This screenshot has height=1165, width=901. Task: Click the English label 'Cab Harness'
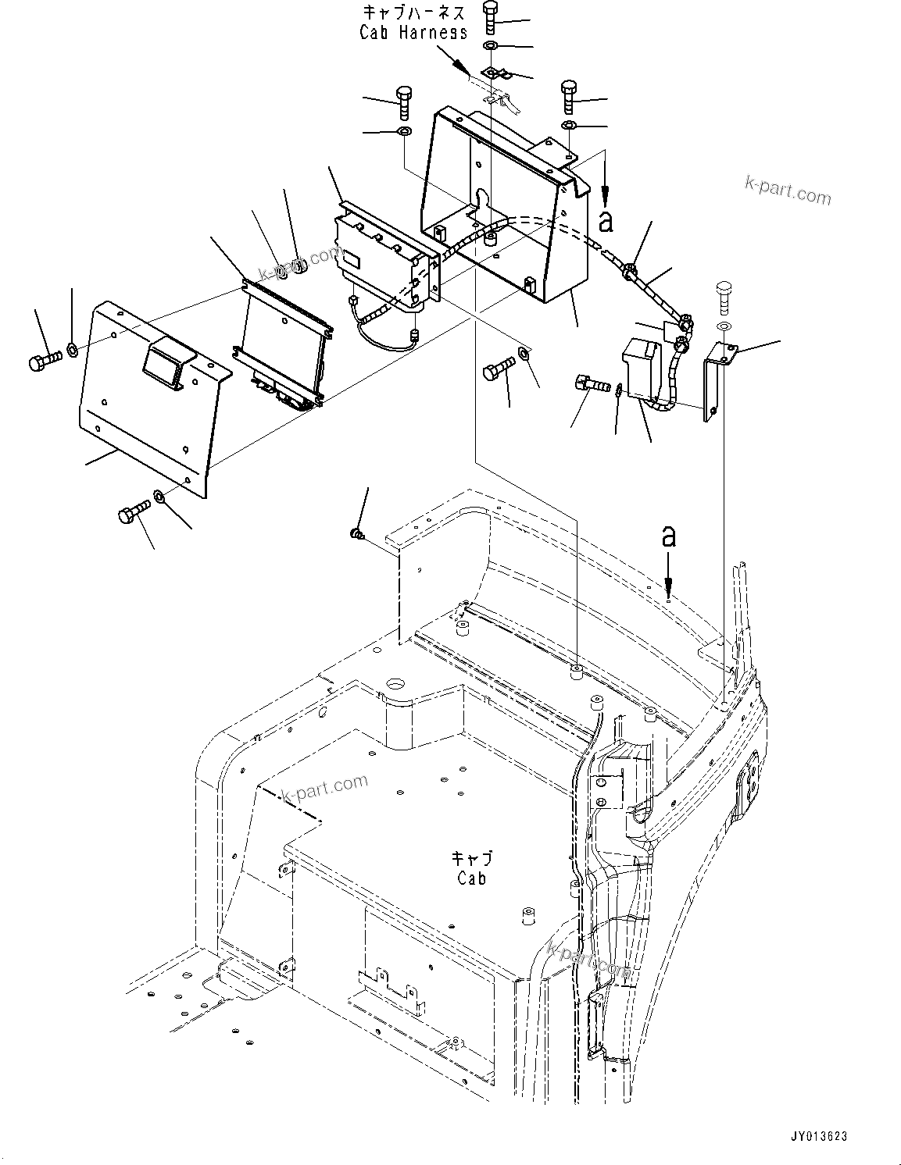point(413,32)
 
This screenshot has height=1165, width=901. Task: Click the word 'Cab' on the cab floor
point(472,878)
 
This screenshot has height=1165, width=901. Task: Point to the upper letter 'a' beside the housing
point(606,221)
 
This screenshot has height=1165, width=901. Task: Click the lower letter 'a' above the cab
point(668,536)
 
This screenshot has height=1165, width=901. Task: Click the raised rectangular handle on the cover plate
point(166,362)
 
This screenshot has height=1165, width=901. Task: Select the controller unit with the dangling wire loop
point(383,258)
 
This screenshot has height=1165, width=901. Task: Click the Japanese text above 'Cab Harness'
point(413,12)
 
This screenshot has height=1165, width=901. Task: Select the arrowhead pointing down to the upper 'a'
point(605,191)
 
